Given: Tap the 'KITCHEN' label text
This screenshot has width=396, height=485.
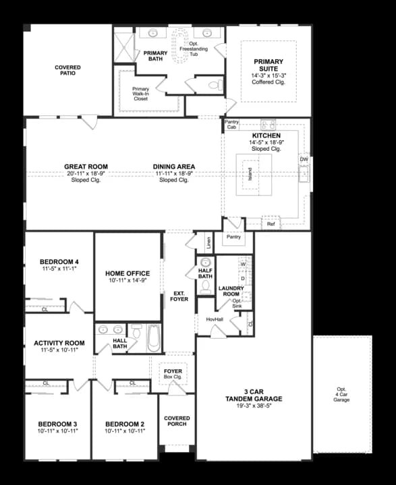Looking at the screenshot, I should pyautogui.click(x=266, y=135).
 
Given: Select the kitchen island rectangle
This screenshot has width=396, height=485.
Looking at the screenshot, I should pyautogui.click(x=254, y=173).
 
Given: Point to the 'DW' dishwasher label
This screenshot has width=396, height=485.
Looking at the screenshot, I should pyautogui.click(x=304, y=160).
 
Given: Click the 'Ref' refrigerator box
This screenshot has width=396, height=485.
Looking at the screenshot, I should pyautogui.click(x=271, y=224).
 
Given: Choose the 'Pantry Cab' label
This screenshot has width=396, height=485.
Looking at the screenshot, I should pyautogui.click(x=231, y=124).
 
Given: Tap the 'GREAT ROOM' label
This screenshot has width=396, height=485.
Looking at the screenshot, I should pyautogui.click(x=86, y=166).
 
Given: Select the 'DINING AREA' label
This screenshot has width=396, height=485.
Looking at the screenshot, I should pyautogui.click(x=174, y=166).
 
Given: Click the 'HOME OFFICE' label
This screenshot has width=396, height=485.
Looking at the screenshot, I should pyautogui.click(x=128, y=273).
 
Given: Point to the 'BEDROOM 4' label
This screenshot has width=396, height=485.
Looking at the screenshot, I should pyautogui.click(x=59, y=261).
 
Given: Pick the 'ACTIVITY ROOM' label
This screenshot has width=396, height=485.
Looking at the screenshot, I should pyautogui.click(x=59, y=343).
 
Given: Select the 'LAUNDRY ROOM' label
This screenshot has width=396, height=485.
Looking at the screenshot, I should pyautogui.click(x=231, y=292).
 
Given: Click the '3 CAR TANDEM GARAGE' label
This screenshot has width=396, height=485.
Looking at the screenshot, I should pyautogui.click(x=254, y=395).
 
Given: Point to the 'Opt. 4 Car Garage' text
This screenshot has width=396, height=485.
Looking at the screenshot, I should pyautogui.click(x=342, y=395).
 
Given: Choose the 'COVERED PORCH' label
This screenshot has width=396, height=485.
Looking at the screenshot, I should pyautogui.click(x=177, y=421).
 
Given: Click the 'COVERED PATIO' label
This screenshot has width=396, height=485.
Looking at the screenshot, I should pyautogui.click(x=67, y=70).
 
